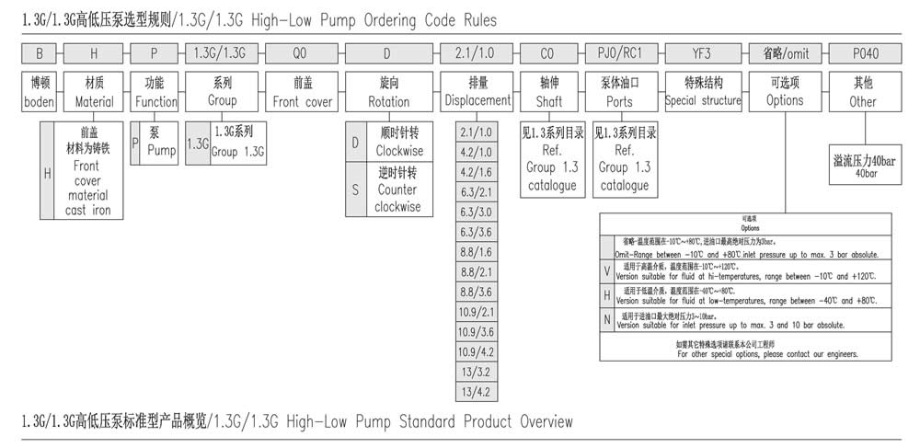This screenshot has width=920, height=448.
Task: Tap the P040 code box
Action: tap(862, 52)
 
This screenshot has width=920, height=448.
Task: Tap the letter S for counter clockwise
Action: tap(355, 190)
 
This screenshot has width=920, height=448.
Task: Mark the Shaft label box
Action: tap(550, 91)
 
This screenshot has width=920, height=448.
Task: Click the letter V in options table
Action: tap(606, 271)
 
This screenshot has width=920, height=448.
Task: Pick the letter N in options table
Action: tap(606, 320)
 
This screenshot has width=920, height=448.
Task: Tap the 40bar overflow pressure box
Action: tap(864, 167)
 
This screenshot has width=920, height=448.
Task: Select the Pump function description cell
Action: tap(160, 140)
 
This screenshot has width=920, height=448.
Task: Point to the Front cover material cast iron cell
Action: tap(88, 174)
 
